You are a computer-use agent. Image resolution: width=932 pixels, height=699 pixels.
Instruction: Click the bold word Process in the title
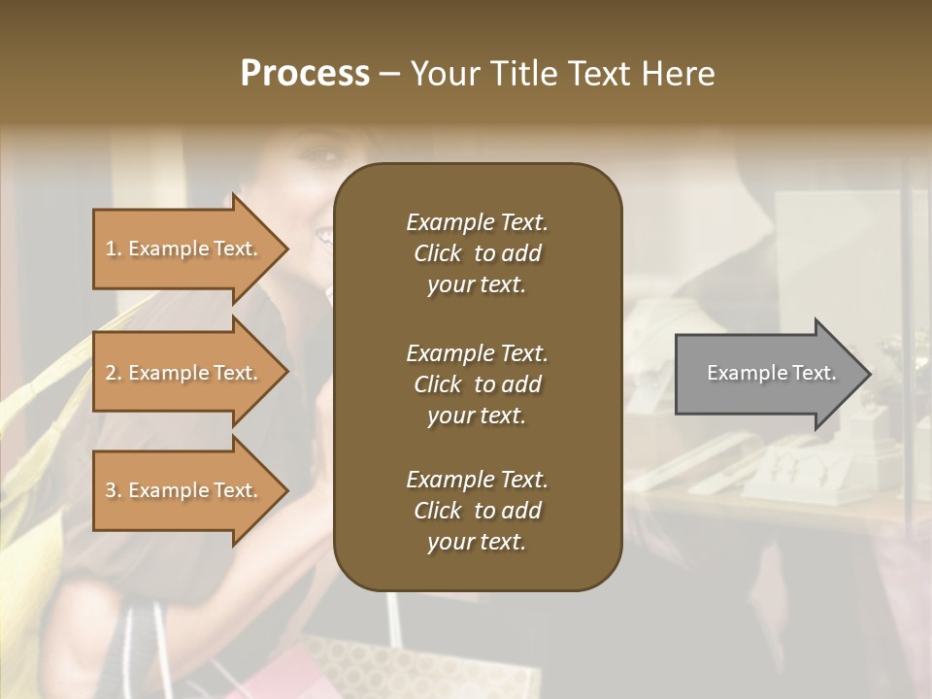[x=305, y=74]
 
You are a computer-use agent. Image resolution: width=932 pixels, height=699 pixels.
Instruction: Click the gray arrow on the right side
[x=767, y=373]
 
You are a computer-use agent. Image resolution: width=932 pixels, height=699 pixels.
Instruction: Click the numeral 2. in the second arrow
[x=114, y=373]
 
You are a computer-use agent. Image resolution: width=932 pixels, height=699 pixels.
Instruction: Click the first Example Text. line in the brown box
[x=477, y=222]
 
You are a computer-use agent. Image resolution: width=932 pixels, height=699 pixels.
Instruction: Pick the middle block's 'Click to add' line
[x=477, y=384]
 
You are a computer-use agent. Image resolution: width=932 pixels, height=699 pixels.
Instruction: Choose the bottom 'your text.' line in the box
[x=477, y=543]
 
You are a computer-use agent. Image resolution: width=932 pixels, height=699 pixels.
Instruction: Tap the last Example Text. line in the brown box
[x=477, y=480]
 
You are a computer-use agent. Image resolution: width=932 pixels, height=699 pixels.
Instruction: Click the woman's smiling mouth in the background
[x=322, y=234]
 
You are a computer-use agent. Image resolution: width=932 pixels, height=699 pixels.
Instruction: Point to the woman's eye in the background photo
[x=328, y=155]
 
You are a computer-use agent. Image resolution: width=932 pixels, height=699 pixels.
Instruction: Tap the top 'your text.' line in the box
[x=477, y=285]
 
